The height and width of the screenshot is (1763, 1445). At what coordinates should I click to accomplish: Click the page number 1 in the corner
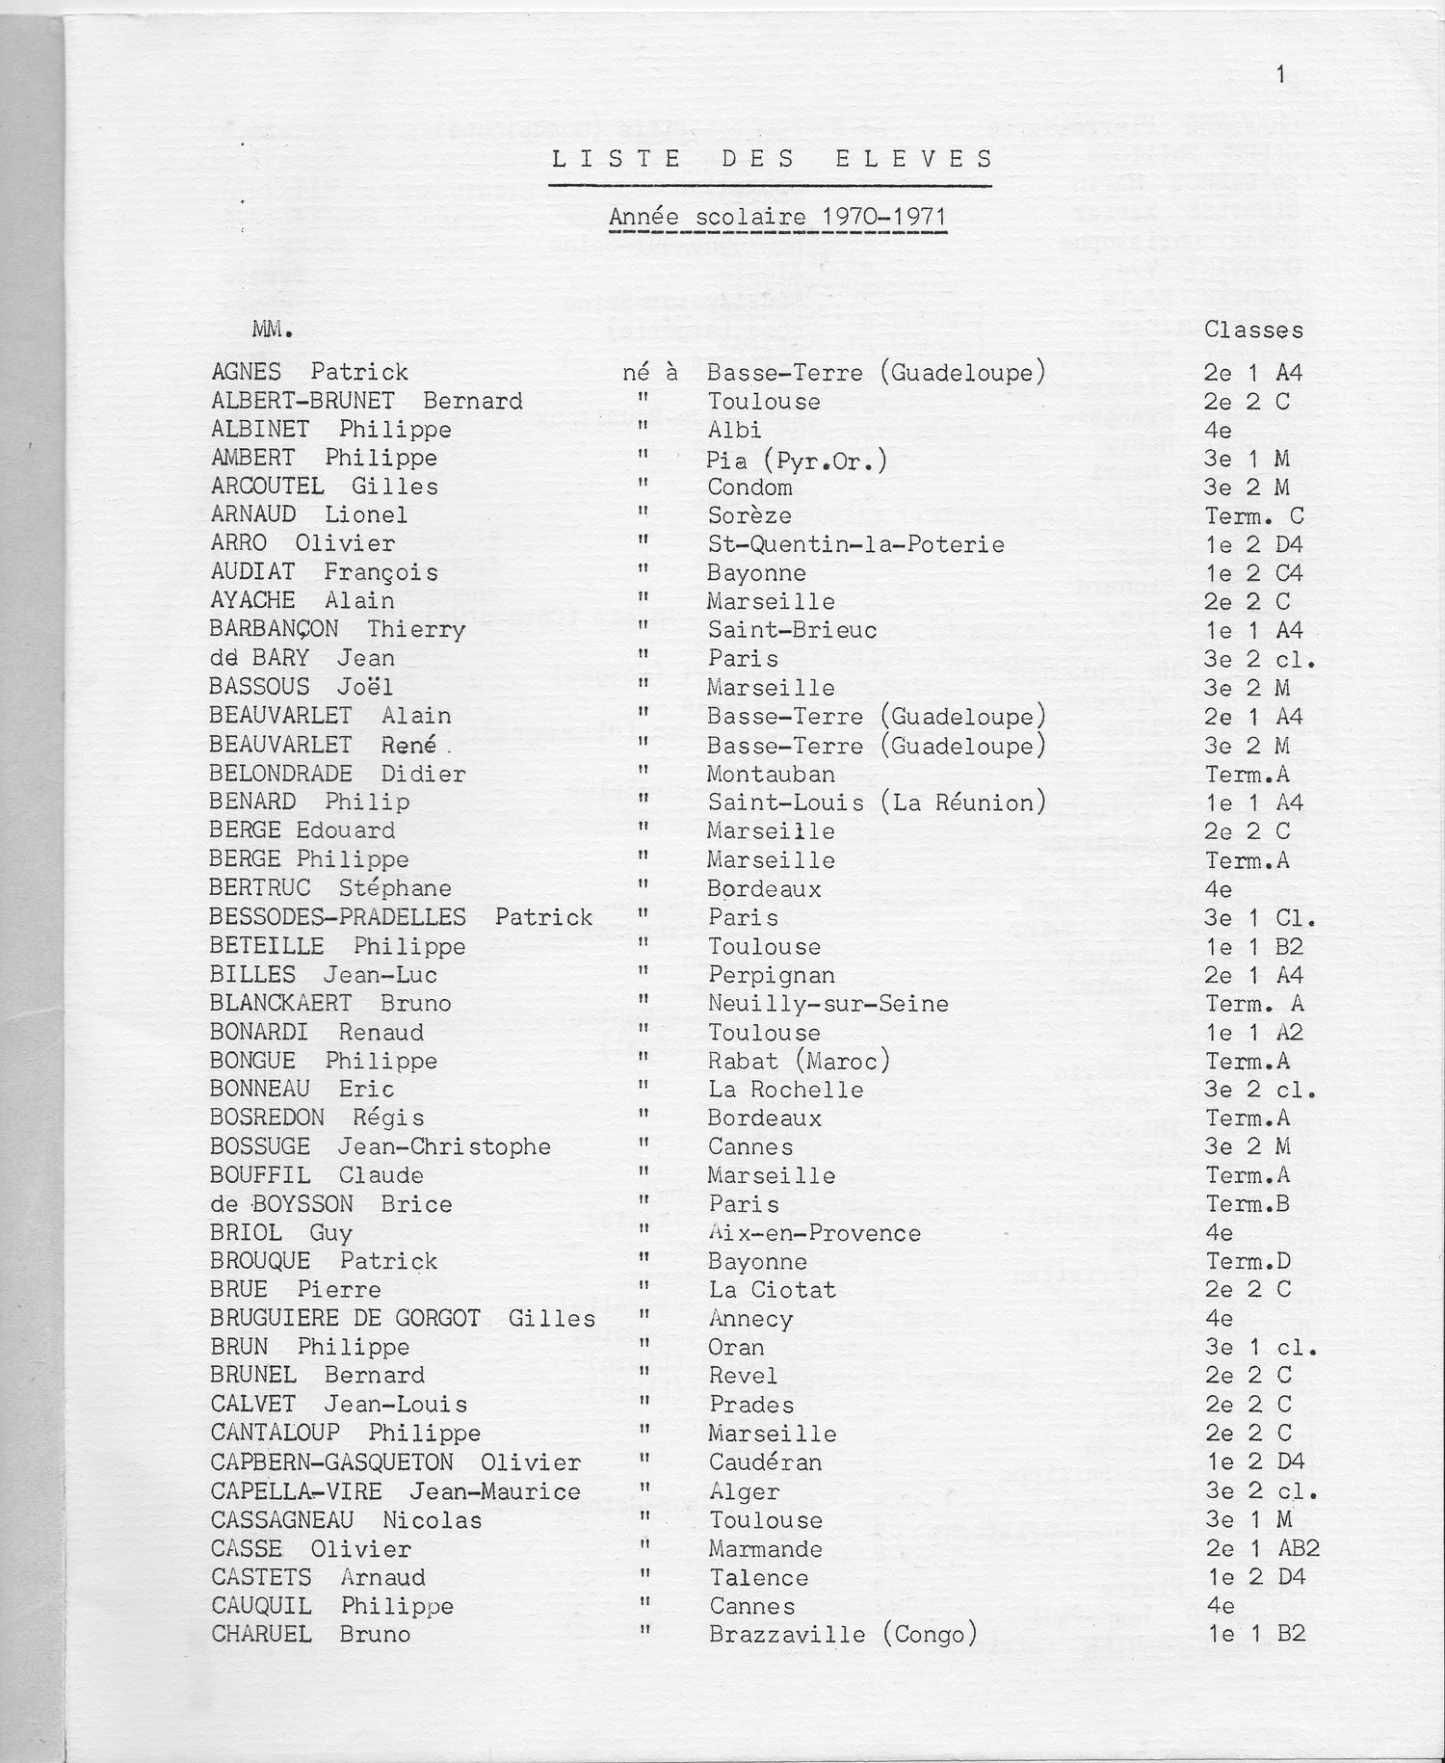pyautogui.click(x=1280, y=74)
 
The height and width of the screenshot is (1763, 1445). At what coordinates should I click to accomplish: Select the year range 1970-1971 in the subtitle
pyautogui.click(x=883, y=217)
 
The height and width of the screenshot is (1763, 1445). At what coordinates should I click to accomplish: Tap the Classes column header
pyautogui.click(x=1253, y=330)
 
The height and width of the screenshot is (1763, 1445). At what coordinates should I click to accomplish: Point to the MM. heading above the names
pyautogui.click(x=272, y=330)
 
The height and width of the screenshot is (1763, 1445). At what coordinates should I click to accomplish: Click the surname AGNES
pyautogui.click(x=247, y=372)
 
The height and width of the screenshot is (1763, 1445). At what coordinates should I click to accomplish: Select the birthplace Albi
pyautogui.click(x=734, y=430)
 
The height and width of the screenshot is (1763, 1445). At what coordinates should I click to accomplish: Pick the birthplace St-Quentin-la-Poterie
pyautogui.click(x=855, y=544)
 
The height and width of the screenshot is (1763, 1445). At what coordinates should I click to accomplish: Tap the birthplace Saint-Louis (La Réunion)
pyautogui.click(x=876, y=803)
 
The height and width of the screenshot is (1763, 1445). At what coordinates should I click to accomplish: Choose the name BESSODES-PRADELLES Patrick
pyautogui.click(x=401, y=917)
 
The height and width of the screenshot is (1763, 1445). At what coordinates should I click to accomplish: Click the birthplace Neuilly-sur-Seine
pyautogui.click(x=828, y=1004)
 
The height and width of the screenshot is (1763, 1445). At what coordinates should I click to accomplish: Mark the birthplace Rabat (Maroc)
pyautogui.click(x=799, y=1061)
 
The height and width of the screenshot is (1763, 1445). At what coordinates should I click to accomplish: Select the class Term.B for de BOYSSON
pyautogui.click(x=1248, y=1204)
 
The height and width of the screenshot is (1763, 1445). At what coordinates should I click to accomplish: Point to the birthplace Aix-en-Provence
pyautogui.click(x=814, y=1233)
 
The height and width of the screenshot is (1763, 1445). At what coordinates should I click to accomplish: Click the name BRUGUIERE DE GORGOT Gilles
pyautogui.click(x=403, y=1319)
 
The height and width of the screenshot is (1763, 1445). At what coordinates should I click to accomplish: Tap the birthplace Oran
pyautogui.click(x=736, y=1347)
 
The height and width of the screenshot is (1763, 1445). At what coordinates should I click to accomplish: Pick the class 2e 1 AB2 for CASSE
pyautogui.click(x=1262, y=1548)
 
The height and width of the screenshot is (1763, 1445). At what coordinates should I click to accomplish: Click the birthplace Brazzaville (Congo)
pyautogui.click(x=843, y=1635)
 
